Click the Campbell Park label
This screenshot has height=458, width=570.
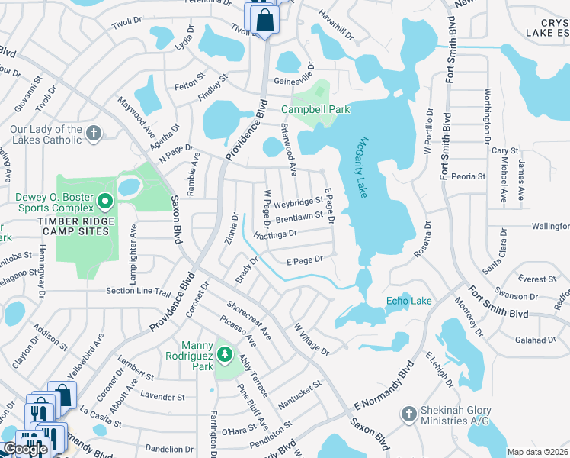(315, 109)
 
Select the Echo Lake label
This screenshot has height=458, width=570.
(408, 301)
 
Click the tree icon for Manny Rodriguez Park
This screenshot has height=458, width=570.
(224, 354)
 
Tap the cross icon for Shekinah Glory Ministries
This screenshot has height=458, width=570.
(409, 414)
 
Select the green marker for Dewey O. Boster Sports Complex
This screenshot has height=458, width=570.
(105, 202)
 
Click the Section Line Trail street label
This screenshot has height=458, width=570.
(138, 291)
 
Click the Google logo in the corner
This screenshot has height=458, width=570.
(25, 449)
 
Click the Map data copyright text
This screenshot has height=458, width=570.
(537, 452)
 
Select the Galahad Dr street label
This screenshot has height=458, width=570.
(533, 339)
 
